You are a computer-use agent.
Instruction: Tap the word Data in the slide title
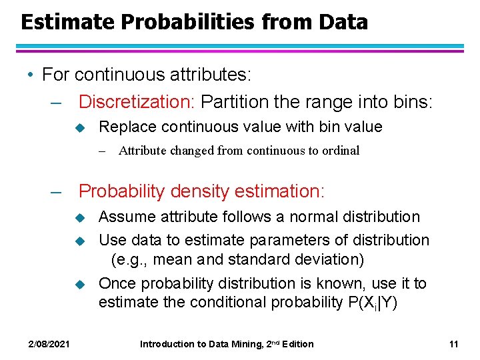343,22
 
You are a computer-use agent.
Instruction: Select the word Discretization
137,102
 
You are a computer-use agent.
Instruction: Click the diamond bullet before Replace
77,127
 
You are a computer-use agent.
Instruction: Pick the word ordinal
341,151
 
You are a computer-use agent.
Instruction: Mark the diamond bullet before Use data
77,241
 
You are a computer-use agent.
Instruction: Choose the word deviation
323,259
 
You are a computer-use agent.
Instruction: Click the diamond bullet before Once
77,284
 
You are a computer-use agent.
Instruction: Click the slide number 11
453,344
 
